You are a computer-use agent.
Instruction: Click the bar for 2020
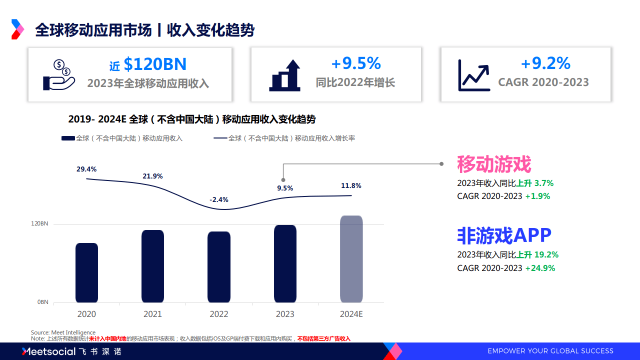pos(86,272)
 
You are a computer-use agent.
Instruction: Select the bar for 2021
pos(152,266)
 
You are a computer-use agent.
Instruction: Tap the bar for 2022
pos(219,267)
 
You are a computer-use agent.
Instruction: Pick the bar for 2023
pos(285,263)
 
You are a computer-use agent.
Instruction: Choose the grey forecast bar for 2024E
pos(351,259)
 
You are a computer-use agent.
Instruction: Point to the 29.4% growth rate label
pos(86,169)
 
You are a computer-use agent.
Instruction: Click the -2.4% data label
pos(219,199)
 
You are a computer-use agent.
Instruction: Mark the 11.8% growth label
pos(351,185)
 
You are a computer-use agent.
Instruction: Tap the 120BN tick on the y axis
pos(40,223)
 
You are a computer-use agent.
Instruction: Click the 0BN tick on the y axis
pos(42,302)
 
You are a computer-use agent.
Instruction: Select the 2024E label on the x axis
pos(351,314)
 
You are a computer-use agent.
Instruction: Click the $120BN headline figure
pos(154,64)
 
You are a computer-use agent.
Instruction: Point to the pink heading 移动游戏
pos(493,164)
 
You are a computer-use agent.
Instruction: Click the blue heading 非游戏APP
pos(504,234)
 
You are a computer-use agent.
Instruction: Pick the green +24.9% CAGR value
pos(540,268)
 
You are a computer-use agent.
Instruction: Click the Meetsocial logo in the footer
pos(48,351)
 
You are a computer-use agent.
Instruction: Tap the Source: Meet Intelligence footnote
pos(63,332)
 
